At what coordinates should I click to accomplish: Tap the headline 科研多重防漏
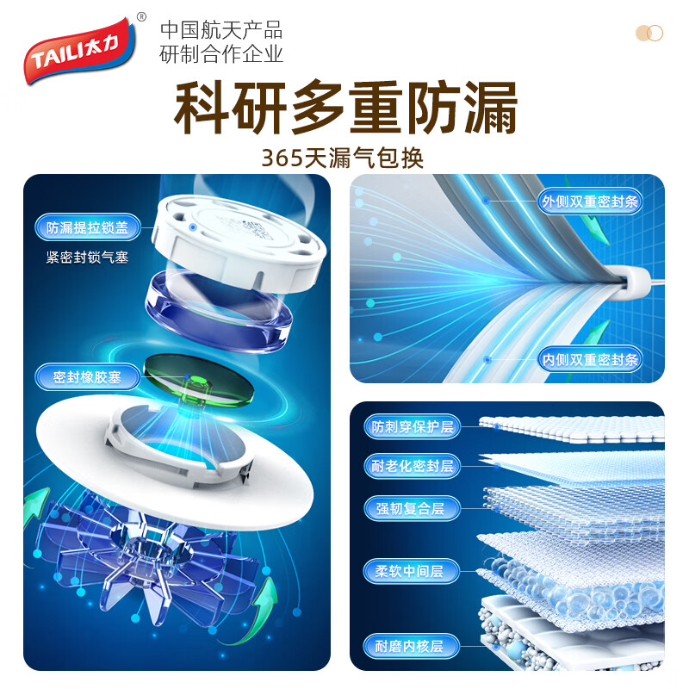tap(344, 109)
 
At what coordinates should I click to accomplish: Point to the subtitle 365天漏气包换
tap(344, 158)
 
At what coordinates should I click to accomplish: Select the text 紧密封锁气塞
tap(87, 257)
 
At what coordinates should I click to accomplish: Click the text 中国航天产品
tap(221, 31)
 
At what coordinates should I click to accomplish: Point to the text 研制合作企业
tap(221, 54)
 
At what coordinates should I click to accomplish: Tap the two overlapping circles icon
tap(649, 33)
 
